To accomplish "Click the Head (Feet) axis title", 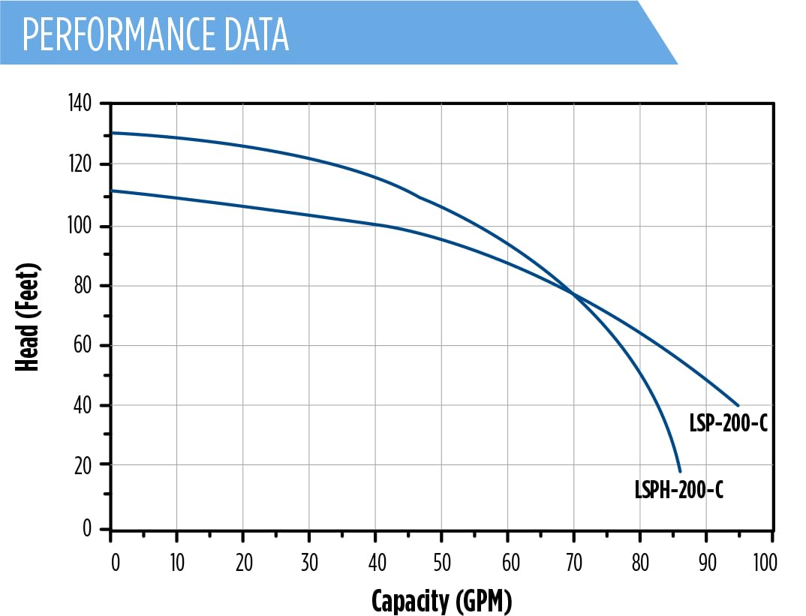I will tap(28, 317).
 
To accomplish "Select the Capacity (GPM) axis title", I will tap(441, 600).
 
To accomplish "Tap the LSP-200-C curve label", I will tap(728, 424).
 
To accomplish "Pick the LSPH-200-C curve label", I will tap(678, 491).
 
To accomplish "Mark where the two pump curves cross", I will tap(576, 294).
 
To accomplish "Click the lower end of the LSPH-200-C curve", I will tap(680, 471).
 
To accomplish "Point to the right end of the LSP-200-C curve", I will tap(738, 406).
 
